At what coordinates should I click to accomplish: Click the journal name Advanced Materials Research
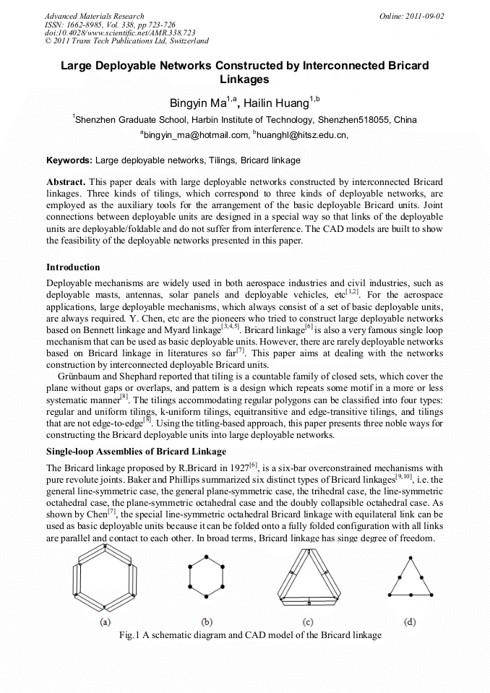pyautogui.click(x=94, y=16)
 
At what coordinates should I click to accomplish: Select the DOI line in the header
pyautogui.click(x=120, y=33)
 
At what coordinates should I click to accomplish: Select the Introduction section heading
pyautogui.click(x=73, y=267)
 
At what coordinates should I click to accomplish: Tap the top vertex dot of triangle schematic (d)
pyautogui.click(x=411, y=559)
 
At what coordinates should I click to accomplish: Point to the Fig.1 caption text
pyautogui.click(x=249, y=635)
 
